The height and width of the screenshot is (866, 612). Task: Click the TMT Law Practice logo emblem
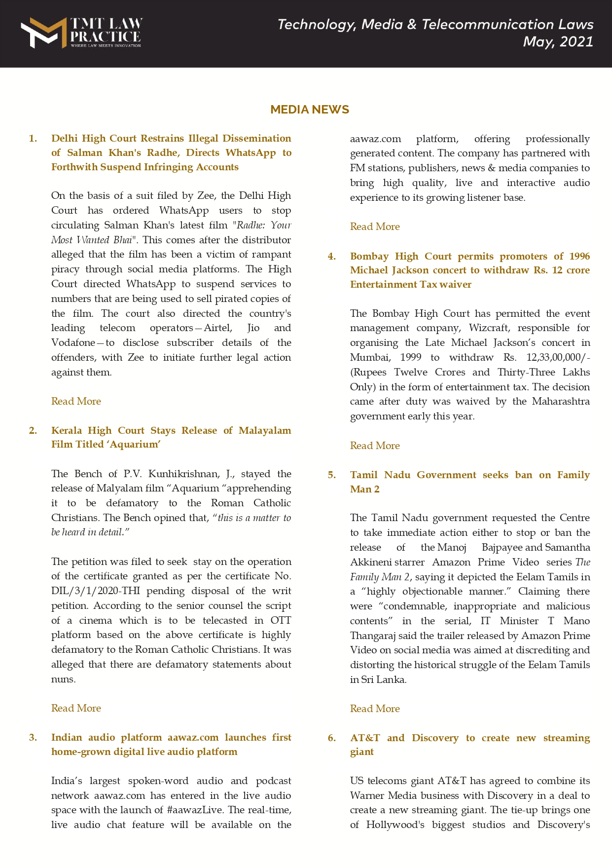coord(43,33)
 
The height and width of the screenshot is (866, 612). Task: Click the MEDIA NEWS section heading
coord(309,110)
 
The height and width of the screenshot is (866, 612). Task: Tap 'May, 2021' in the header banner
coord(558,41)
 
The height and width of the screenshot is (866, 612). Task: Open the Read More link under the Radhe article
coord(76,401)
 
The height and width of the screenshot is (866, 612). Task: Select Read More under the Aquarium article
coord(76,708)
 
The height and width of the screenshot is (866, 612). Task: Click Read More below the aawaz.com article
coord(375,226)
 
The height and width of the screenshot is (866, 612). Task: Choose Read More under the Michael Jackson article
coord(375,446)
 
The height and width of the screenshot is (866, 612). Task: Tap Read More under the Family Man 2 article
coord(375,709)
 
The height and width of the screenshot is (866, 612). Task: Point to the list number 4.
coord(332,256)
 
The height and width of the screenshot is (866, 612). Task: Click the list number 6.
coord(332,738)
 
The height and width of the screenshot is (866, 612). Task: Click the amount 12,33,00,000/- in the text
coord(558,357)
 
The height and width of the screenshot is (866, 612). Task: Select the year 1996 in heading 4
coord(579,256)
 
